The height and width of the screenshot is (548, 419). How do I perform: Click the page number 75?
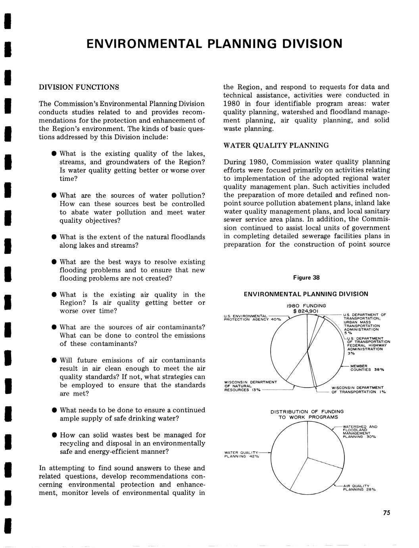coord(387,513)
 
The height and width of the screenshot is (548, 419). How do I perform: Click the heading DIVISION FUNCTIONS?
coord(79,87)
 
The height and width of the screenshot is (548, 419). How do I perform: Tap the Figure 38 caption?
coord(306,278)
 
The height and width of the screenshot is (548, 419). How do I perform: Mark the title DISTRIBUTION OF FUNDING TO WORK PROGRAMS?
coord(307,414)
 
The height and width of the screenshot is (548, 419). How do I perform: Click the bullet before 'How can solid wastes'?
coord(53,435)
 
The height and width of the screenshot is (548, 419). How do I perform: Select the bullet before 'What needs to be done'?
coord(53,410)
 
